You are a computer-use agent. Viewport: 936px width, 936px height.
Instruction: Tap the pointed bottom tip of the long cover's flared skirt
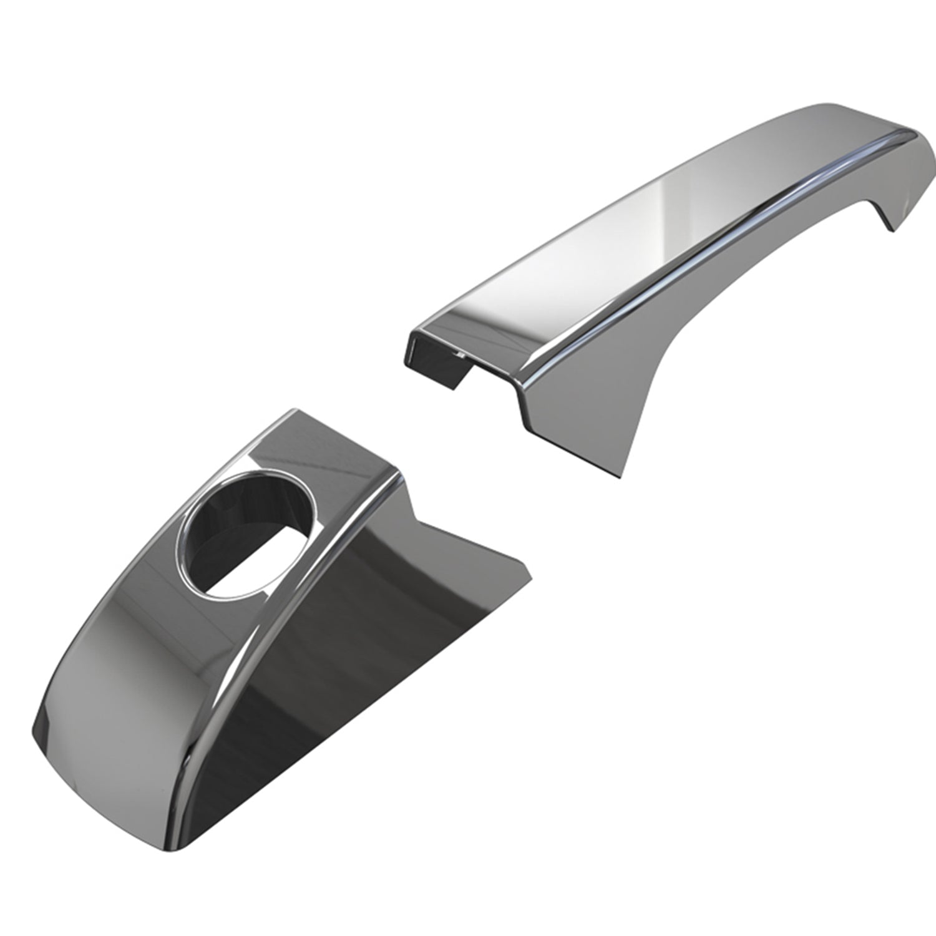click(622, 477)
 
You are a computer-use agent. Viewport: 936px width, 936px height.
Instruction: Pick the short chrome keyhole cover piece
click(250, 624)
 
